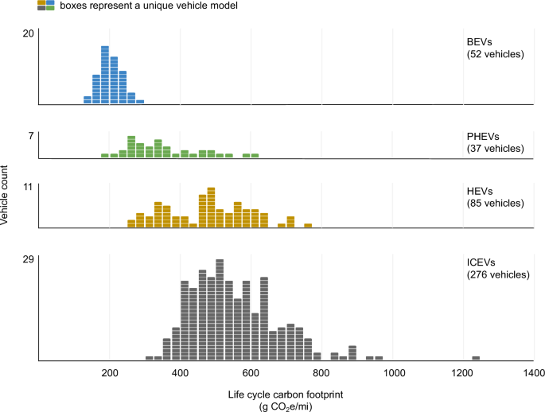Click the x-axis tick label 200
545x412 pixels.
click(110, 372)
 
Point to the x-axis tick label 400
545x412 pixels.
click(181, 372)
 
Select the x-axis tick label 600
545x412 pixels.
click(251, 372)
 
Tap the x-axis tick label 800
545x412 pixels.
click(322, 372)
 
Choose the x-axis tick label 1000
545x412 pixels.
click(393, 372)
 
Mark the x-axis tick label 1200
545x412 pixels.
click(464, 372)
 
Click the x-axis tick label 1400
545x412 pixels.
click(534, 372)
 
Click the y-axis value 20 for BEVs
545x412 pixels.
click(28, 33)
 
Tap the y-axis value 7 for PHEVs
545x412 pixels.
click(31, 136)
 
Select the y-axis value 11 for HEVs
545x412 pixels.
click(28, 187)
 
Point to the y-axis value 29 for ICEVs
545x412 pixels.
click(28, 259)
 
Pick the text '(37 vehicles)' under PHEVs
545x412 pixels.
click(495, 149)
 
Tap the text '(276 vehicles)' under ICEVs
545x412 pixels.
click(497, 274)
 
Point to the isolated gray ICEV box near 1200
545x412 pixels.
click(476, 358)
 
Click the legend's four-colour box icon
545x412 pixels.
click(45, 6)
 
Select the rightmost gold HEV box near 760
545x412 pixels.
click(307, 225)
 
